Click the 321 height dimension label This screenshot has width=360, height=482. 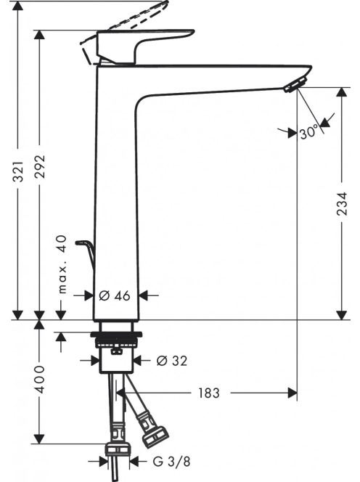click(x=19, y=171)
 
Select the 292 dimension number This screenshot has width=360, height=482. click(x=40, y=167)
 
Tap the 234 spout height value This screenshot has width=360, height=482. click(x=342, y=203)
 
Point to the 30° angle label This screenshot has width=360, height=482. click(x=308, y=133)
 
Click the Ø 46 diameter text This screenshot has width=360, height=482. click(x=115, y=295)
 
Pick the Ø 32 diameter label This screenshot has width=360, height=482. click(x=171, y=361)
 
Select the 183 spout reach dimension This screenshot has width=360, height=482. click(x=209, y=393)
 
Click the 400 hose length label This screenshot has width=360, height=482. click(x=40, y=380)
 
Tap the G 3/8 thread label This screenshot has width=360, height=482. click(x=171, y=461)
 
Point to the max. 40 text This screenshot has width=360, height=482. click(x=62, y=264)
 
